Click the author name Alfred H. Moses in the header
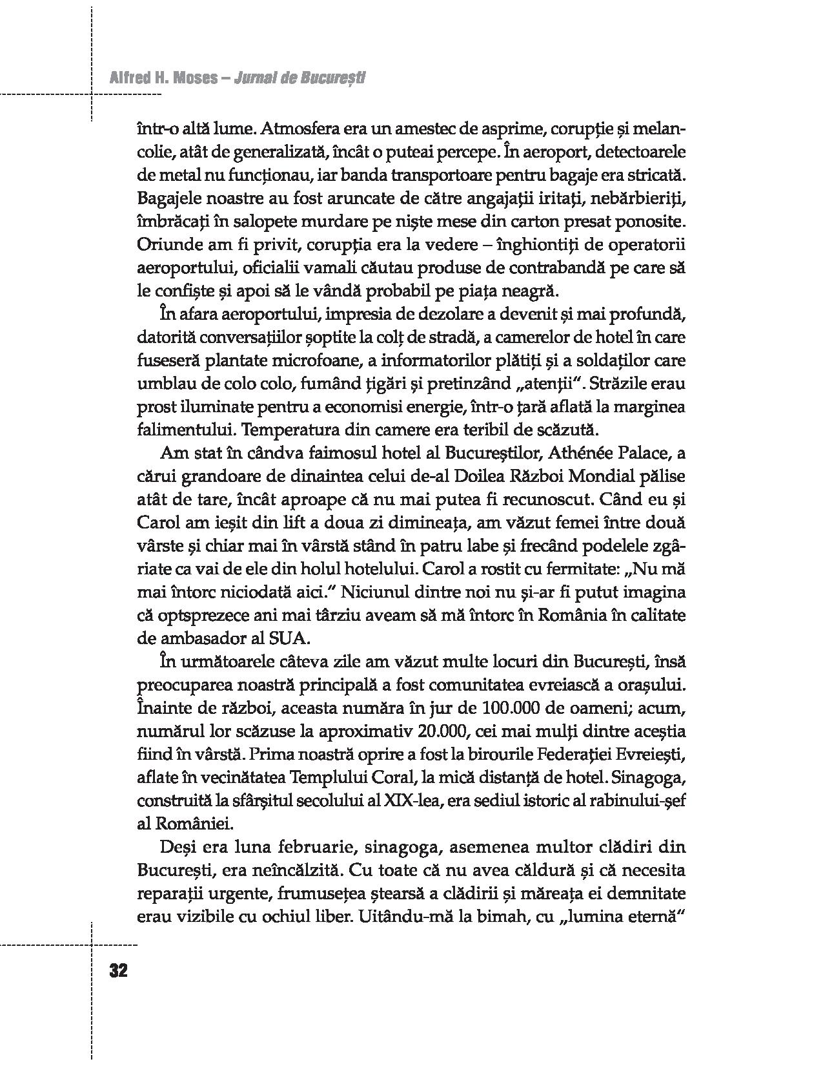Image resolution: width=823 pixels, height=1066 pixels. pos(162,79)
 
